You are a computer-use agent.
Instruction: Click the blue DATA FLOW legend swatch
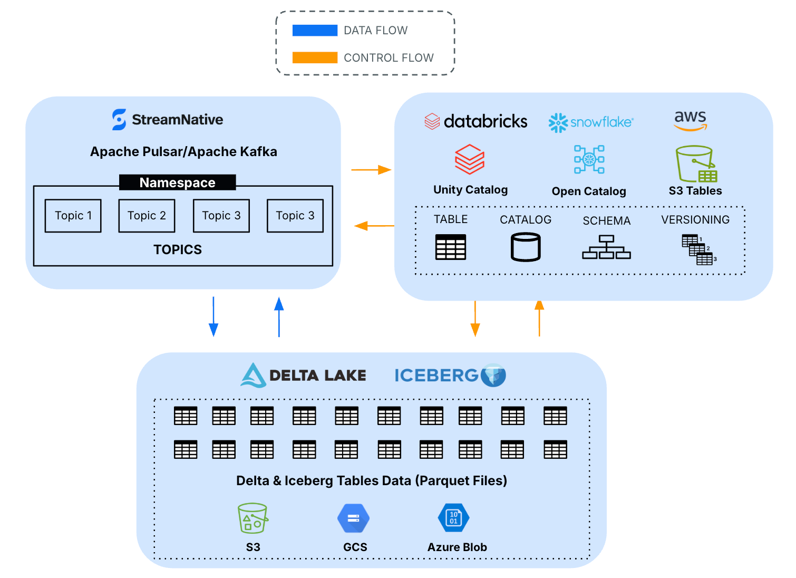[x=315, y=31]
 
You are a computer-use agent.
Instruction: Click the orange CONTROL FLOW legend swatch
[x=315, y=57]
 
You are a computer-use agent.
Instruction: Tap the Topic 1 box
[x=73, y=216]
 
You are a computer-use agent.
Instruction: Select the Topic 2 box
[x=147, y=216]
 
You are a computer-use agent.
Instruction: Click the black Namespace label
[x=177, y=182]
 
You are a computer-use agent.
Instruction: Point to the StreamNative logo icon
[x=119, y=120]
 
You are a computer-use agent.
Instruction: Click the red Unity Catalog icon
[x=470, y=159]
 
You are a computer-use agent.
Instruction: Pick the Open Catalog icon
[x=589, y=159]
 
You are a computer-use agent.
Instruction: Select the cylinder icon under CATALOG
[x=526, y=247]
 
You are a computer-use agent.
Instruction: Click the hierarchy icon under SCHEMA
[x=606, y=247]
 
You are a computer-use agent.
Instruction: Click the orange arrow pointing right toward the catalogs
[x=372, y=170]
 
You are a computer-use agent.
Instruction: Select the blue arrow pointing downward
[x=213, y=316]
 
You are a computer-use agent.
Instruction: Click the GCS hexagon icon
[x=354, y=518]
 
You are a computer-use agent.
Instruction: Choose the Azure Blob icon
[x=453, y=518]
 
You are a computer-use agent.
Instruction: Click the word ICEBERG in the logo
[x=436, y=375]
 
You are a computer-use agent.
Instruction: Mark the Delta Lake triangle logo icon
[x=253, y=375]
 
